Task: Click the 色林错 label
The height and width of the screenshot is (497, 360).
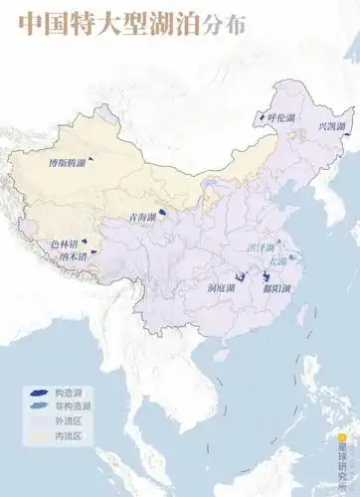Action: (64, 243)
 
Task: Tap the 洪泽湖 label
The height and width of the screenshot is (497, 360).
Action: (262, 245)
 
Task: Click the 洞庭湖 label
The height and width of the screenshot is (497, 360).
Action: (222, 288)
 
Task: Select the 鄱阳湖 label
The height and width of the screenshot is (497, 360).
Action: (265, 288)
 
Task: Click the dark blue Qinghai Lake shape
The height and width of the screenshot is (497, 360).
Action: (162, 212)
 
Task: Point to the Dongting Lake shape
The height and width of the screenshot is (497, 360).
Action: (239, 278)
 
